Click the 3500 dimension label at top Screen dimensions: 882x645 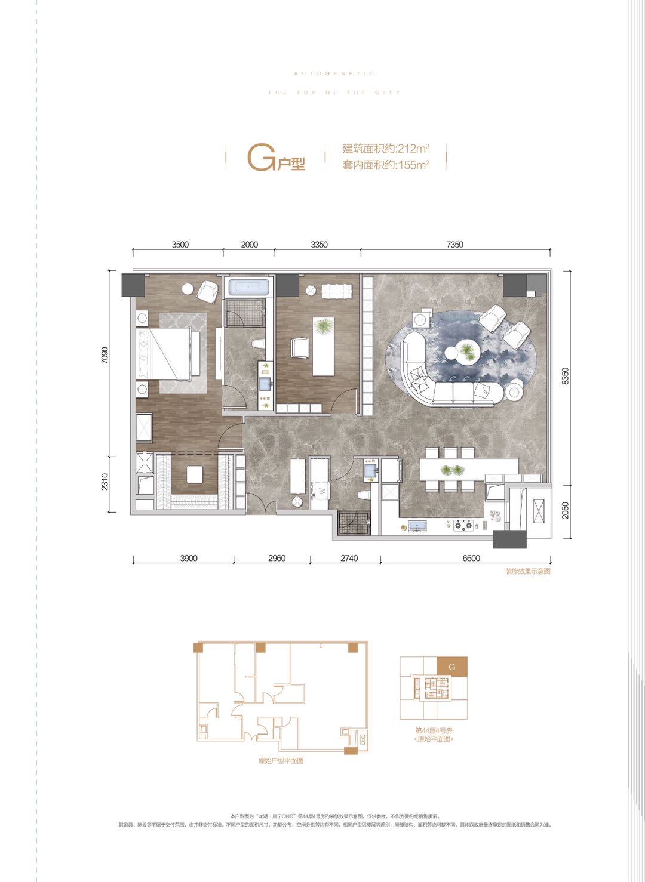click(180, 245)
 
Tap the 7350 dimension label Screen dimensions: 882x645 click(454, 245)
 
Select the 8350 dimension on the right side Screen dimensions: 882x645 click(566, 376)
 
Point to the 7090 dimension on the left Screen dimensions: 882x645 click(105, 356)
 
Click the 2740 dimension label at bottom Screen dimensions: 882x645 click(349, 559)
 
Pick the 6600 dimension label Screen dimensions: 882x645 click(471, 559)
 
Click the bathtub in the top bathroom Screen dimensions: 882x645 click(248, 288)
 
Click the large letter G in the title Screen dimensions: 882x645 click(261, 158)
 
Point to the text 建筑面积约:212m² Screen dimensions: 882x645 click(386, 149)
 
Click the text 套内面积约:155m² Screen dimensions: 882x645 click(386, 165)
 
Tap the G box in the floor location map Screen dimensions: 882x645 click(452, 667)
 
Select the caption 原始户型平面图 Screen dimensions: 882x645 click(281, 761)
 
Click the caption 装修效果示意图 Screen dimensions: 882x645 click(527, 572)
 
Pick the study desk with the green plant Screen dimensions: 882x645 click(323, 346)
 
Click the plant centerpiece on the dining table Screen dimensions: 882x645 click(451, 470)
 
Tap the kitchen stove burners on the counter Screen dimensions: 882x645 click(463, 526)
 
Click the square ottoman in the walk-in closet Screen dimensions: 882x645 click(194, 475)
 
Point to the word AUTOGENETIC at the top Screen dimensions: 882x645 click(334, 73)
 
